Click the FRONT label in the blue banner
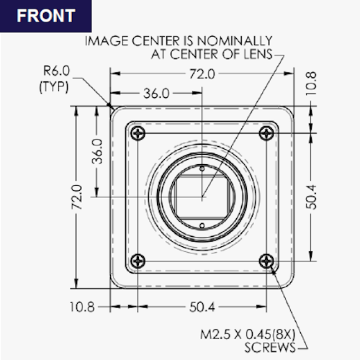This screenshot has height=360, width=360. [46, 16]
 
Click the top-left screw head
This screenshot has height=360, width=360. [138, 132]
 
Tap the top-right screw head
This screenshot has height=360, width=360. [266, 132]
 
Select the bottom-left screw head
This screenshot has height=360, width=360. [138, 261]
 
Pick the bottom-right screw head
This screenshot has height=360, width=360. [266, 261]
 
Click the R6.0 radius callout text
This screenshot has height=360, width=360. [56, 71]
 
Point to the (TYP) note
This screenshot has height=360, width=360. [54, 86]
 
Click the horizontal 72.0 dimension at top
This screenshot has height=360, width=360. [202, 74]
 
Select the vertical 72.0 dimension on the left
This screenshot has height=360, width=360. [77, 197]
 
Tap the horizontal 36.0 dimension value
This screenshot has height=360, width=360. [156, 94]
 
